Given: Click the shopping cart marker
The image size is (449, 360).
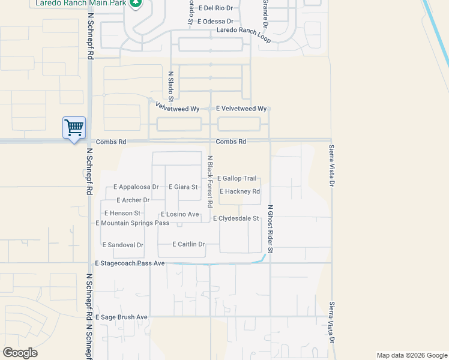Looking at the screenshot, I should [x=74, y=127].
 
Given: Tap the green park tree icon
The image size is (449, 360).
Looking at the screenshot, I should [x=136, y=3].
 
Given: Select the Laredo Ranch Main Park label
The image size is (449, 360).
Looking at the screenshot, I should [x=80, y=3].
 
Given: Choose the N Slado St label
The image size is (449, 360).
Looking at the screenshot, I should [x=170, y=86].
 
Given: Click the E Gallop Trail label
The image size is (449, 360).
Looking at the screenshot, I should [x=237, y=178].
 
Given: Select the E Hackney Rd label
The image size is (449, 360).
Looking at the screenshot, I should [x=240, y=191].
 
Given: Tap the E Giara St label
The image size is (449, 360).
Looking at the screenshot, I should [x=183, y=187].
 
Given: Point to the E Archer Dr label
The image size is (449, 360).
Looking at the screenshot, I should [x=133, y=200].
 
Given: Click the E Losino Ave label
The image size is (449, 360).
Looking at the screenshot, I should [x=179, y=214].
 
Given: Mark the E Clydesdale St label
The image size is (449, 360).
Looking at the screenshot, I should [x=235, y=218].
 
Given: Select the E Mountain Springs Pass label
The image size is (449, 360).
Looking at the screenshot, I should [x=132, y=223].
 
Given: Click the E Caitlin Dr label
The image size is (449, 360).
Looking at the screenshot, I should [x=188, y=244].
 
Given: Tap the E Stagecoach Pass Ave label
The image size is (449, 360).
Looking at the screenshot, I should [x=130, y=263].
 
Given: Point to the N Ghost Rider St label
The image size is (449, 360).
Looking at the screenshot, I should [x=270, y=229].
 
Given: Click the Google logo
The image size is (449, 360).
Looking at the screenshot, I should [x=20, y=353].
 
